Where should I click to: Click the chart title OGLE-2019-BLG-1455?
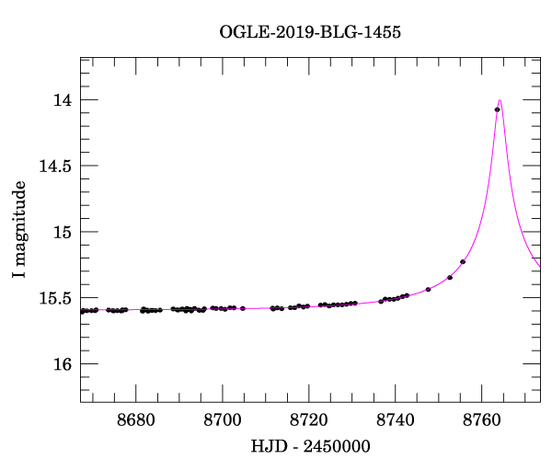pyautogui.click(x=310, y=32)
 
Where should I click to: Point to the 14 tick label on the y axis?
pyautogui.click(x=62, y=99)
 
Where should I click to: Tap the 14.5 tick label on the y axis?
pyautogui.click(x=53, y=166)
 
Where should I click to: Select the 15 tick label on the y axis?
pyautogui.click(x=62, y=232)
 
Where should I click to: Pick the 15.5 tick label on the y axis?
pyautogui.click(x=53, y=298)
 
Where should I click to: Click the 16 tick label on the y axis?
pyautogui.click(x=62, y=364)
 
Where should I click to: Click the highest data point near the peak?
pyautogui.click(x=497, y=109)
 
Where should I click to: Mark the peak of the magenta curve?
pyautogui.click(x=500, y=100)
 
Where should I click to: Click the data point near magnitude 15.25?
pyautogui.click(x=463, y=262)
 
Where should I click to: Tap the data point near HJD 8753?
pyautogui.click(x=450, y=277)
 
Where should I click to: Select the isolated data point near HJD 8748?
pyautogui.click(x=429, y=290)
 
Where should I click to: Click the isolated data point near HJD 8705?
pyautogui.click(x=243, y=308)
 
